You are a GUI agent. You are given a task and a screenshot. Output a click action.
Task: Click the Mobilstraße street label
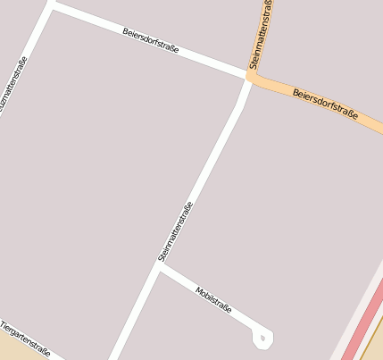pos(213,300)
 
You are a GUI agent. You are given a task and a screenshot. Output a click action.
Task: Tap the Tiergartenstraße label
pos(25,339)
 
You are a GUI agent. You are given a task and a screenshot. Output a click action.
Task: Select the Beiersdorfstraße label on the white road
pos(150,40)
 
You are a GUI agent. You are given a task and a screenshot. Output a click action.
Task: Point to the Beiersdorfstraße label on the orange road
pos(325,105)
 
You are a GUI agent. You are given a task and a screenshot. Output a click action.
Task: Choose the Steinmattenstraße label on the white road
pos(176,231)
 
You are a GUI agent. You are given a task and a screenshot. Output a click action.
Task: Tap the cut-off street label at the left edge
pos(17,89)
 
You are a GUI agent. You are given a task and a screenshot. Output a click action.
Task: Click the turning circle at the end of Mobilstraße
pos(262,339)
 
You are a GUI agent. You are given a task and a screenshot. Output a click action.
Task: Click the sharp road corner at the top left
pos(51,5)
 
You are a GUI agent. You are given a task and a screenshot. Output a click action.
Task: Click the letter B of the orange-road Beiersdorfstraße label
pos(296,93)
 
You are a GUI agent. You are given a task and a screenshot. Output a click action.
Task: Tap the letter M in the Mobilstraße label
pos(198,291)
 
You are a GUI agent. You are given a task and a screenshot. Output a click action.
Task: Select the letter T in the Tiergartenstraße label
pos(4,324)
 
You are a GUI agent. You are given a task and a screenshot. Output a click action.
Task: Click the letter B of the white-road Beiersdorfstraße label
pos(125,31)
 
